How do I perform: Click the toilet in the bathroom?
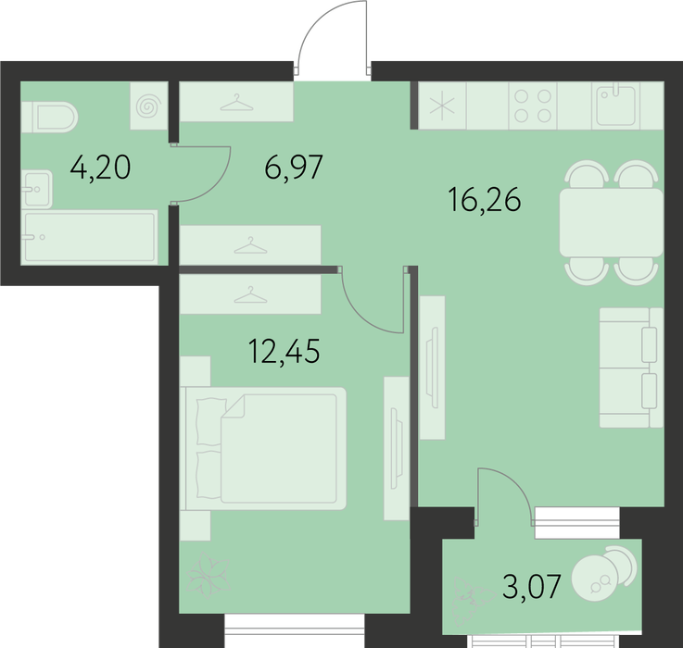[49, 117]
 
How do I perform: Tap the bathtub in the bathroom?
[90, 237]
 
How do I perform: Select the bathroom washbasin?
[36, 189]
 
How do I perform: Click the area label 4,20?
[100, 168]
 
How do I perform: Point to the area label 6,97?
[294, 167]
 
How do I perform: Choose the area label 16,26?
[485, 199]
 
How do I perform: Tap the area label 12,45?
[284, 351]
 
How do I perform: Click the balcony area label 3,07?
[531, 586]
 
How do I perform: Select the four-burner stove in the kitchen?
[533, 106]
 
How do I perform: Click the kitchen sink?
[616, 106]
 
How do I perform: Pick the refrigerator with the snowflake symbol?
[442, 106]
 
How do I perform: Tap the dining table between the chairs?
[611, 222]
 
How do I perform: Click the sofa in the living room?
[631, 368]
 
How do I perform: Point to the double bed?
[263, 448]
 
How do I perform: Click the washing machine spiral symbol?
[149, 106]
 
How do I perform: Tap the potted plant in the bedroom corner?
[209, 575]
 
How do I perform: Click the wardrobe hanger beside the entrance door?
[236, 103]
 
